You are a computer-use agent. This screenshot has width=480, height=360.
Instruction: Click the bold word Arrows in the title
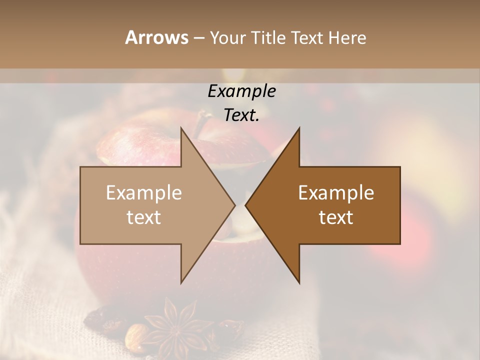156,38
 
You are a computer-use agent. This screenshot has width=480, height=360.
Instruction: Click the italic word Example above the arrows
241,91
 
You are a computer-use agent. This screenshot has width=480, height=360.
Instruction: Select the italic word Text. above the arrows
241,115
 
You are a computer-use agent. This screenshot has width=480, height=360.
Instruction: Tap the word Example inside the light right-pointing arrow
143,192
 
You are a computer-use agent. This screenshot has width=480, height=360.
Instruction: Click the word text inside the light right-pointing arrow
143,217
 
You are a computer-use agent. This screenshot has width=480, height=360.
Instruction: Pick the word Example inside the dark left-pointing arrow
336,192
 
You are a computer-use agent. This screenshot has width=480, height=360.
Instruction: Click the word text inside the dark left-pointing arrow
336,217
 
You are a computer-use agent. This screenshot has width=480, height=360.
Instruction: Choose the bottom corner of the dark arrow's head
299,282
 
